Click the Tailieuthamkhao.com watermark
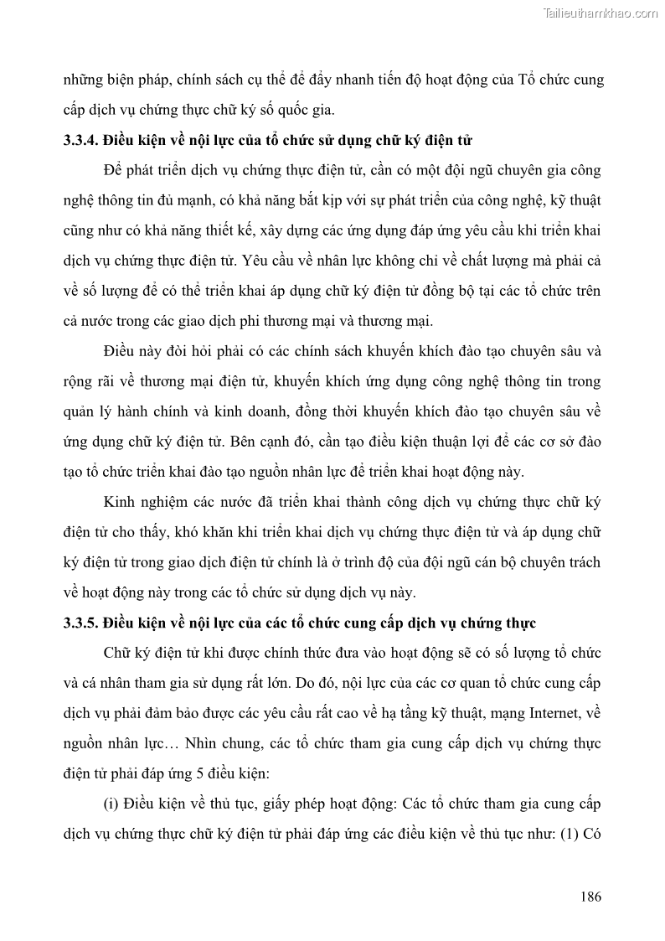pos(601,13)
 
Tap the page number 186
pos(590,897)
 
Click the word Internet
pos(558,713)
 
